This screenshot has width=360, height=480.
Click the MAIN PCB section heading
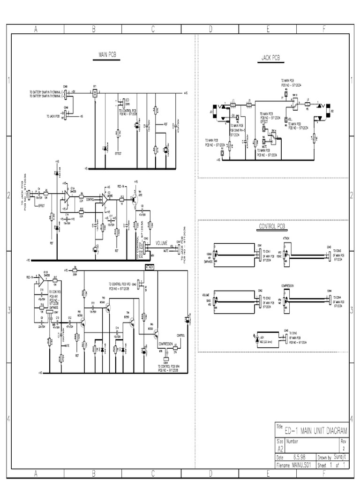[107, 55]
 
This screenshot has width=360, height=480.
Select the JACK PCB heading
[270, 58]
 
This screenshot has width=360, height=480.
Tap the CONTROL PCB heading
[272, 227]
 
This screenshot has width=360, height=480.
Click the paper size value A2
[280, 448]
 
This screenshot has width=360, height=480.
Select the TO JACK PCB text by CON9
[53, 115]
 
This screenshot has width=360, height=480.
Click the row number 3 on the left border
[8, 310]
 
